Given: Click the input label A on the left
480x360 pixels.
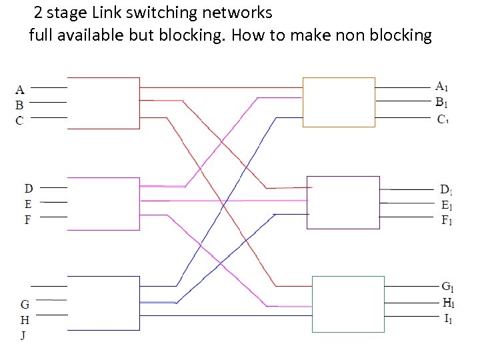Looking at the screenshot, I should tap(20, 89).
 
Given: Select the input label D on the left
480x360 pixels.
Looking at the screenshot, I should tap(29, 189).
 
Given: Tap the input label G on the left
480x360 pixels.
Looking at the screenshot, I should tap(24, 305).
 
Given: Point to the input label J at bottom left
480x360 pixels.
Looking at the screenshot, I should tap(23, 335).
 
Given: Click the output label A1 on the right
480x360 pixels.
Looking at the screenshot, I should tap(442, 86).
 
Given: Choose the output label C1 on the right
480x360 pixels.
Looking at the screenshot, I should tap(443, 119).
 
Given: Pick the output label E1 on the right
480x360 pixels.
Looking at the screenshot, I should tap(446, 205).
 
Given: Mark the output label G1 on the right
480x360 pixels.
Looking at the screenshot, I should tap(448, 287).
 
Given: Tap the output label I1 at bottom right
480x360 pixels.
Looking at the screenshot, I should tap(449, 319).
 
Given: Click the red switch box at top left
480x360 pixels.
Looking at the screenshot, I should tap(103, 103).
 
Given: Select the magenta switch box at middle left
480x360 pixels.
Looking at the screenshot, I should tap(103, 204).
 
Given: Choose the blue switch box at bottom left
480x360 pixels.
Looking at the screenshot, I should tap(103, 303).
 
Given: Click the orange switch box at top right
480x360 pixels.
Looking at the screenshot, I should tap(339, 102).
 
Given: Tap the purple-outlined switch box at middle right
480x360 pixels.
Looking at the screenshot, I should tap(343, 203).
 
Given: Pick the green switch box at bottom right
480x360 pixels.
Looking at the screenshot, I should tap(348, 304).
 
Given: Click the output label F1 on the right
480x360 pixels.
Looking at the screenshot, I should tap(446, 221).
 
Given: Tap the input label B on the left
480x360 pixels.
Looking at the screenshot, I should tap(20, 105).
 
